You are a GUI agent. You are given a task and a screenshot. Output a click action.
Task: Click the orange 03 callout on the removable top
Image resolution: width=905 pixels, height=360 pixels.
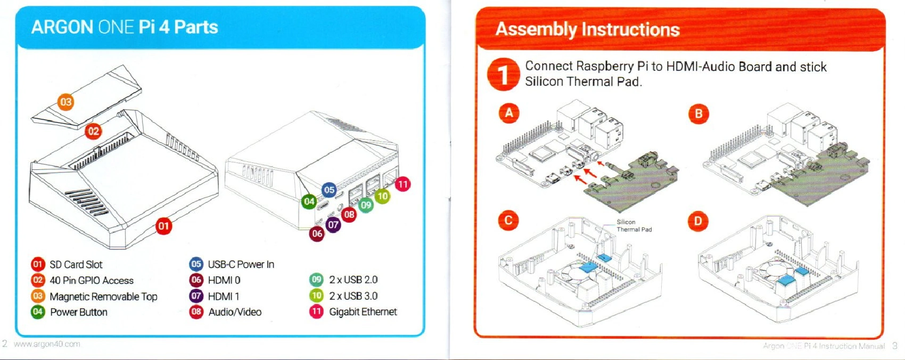tap(65, 102)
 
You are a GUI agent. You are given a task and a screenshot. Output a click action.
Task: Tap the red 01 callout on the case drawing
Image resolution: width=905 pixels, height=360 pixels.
tap(163, 226)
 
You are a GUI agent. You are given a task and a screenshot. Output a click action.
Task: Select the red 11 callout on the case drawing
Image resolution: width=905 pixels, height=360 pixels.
tap(402, 184)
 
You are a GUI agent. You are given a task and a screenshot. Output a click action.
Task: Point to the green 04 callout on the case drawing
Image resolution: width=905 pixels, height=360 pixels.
tap(309, 201)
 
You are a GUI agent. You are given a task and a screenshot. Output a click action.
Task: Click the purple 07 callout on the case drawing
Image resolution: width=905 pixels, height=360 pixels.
tap(333, 225)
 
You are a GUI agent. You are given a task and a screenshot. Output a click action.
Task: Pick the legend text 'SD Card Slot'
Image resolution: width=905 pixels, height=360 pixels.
tap(76, 265)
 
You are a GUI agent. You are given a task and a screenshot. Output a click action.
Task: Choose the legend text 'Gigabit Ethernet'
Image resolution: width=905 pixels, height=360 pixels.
tap(363, 312)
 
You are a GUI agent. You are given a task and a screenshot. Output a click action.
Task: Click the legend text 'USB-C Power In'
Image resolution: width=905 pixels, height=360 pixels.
tap(241, 265)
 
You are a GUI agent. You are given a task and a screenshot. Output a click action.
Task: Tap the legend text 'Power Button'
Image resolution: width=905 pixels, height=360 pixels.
tap(78, 312)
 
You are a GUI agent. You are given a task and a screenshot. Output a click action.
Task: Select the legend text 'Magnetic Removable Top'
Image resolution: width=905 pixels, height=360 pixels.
tap(103, 297)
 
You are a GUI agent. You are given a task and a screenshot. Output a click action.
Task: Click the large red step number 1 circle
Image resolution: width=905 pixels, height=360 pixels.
tap(503, 75)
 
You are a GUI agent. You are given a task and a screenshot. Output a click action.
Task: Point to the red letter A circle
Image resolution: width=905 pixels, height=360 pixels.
tap(509, 113)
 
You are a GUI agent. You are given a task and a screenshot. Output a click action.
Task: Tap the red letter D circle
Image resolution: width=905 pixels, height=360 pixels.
tap(698, 221)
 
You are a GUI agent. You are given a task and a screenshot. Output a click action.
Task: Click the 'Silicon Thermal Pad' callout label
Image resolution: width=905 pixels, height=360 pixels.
tap(633, 226)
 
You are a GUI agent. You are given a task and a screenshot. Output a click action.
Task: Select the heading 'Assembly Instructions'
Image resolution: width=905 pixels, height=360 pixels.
tap(587, 29)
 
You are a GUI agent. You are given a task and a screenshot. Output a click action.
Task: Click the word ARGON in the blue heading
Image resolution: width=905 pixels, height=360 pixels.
tap(62, 27)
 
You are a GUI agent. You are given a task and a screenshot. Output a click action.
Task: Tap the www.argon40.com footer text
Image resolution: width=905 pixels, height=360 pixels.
tap(47, 344)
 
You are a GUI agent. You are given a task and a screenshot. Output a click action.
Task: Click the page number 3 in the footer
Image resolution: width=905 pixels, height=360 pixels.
tap(895, 346)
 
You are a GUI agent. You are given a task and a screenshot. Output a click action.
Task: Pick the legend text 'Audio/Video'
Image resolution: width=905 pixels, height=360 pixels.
tap(235, 312)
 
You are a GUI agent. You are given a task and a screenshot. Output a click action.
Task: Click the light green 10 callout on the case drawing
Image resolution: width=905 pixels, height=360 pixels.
tap(382, 196)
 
